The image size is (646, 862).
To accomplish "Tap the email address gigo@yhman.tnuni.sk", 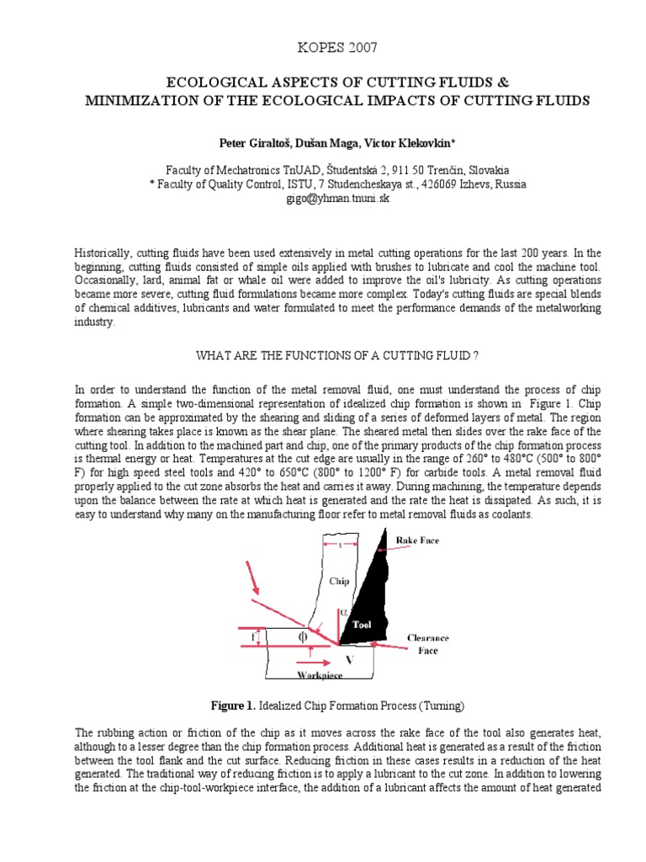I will [x=323, y=200].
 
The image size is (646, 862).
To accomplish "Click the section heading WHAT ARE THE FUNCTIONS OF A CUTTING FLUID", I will [x=337, y=356].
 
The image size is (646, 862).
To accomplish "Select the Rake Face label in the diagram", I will [x=418, y=540].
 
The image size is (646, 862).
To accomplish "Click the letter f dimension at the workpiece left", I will [x=254, y=638].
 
